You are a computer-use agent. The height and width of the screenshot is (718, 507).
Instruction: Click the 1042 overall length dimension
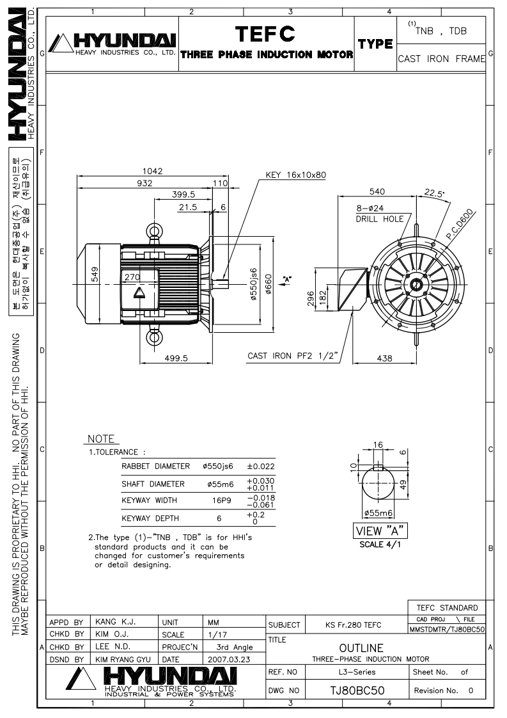pyautogui.click(x=152, y=171)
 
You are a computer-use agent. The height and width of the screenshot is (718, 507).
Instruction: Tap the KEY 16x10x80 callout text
pyautogui.click(x=295, y=175)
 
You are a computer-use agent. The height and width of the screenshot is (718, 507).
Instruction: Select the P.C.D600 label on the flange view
pyautogui.click(x=460, y=225)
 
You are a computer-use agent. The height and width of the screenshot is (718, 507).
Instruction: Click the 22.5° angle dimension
pyautogui.click(x=433, y=193)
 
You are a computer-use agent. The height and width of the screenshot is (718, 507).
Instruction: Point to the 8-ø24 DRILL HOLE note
pyautogui.click(x=380, y=213)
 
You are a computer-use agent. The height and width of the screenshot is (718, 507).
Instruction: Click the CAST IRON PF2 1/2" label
pyautogui.click(x=292, y=356)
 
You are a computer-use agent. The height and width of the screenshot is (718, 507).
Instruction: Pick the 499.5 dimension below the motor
pyautogui.click(x=176, y=358)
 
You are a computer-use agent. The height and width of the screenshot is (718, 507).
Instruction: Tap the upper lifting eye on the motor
pyautogui.click(x=153, y=231)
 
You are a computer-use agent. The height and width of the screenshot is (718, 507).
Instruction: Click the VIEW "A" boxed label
pyautogui.click(x=380, y=531)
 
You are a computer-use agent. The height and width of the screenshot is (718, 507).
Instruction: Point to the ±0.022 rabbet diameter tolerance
pyautogui.click(x=261, y=466)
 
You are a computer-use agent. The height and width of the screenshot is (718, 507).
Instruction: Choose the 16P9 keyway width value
pyautogui.click(x=221, y=500)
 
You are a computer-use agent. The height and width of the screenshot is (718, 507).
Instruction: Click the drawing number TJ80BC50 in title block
pyautogui.click(x=357, y=690)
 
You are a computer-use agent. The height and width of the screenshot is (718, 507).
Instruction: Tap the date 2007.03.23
pyautogui.click(x=229, y=659)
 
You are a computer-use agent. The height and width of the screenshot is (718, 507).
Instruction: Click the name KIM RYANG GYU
pyautogui.click(x=123, y=659)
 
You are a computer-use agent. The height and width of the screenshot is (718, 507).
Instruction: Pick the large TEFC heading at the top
pyautogui.click(x=265, y=34)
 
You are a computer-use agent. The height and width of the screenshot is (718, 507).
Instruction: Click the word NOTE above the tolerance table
pyautogui.click(x=101, y=439)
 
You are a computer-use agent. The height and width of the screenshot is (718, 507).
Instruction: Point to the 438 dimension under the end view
pyautogui.click(x=384, y=358)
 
